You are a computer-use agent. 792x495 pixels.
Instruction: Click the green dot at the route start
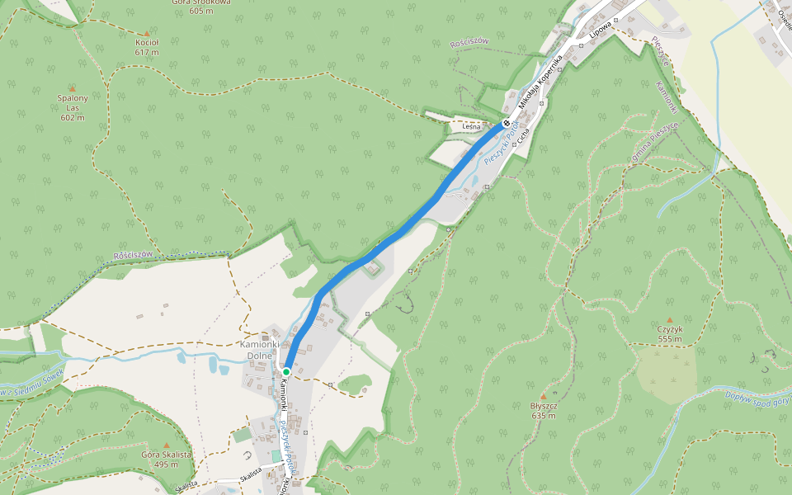coord(285,372)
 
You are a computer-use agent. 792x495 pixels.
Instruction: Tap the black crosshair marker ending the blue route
coord(506,124)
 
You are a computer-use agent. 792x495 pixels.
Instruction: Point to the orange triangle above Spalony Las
coord(72,88)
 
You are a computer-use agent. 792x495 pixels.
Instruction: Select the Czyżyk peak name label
coord(670,329)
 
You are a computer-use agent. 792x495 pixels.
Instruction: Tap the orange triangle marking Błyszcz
coord(543,396)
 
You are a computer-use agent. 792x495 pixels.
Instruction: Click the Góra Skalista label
coord(167,455)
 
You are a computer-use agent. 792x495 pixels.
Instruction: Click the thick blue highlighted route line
coord(396,235)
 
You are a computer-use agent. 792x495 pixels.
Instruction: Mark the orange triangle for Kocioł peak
coord(147,33)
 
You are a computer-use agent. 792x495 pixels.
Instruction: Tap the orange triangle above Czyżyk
coord(670,319)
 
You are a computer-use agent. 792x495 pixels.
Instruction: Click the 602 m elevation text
coord(73,117)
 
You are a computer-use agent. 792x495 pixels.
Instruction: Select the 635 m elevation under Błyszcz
coord(543,415)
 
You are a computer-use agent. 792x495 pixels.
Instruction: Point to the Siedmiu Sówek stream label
coord(33,380)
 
